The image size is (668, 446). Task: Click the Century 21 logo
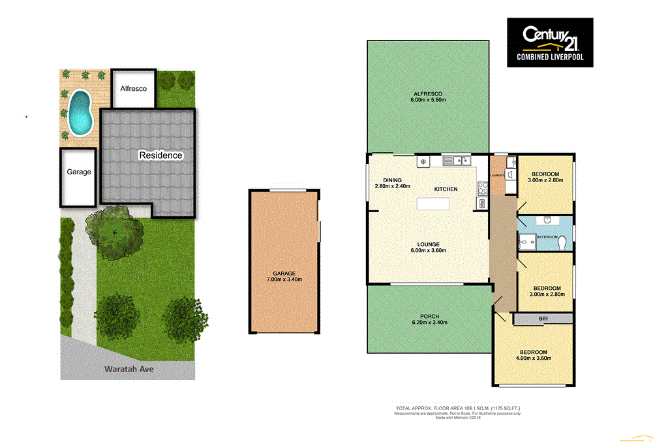pyautogui.click(x=550, y=42)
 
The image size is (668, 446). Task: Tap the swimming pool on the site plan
pyautogui.click(x=80, y=110)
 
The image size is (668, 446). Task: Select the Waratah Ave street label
pyautogui.click(x=129, y=369)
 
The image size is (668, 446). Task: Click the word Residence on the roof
pyautogui.click(x=160, y=155)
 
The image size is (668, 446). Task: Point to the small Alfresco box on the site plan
pyautogui.click(x=133, y=88)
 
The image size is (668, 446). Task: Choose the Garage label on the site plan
pyautogui.click(x=79, y=172)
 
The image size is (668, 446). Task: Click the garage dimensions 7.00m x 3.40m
pyautogui.click(x=284, y=279)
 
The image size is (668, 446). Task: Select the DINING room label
pyautogui.click(x=392, y=180)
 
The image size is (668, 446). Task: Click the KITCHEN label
pyautogui.click(x=446, y=189)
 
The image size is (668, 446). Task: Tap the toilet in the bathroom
pyautogui.click(x=561, y=242)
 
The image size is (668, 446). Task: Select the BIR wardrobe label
pyautogui.click(x=543, y=319)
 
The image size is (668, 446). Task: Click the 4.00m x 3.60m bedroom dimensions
pyautogui.click(x=534, y=358)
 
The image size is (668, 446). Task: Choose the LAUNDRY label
pyautogui.click(x=496, y=175)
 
